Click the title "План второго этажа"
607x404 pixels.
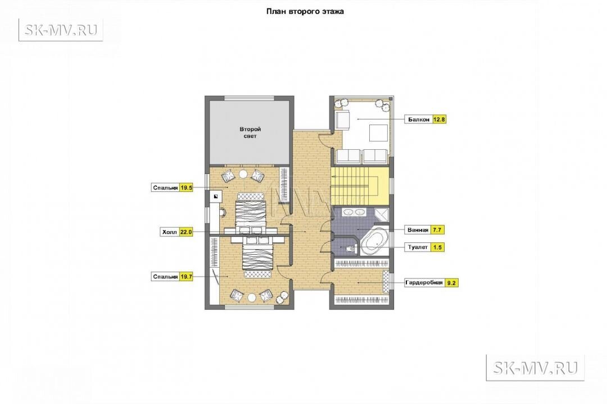click(x=305, y=12)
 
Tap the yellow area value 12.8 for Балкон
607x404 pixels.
click(x=439, y=120)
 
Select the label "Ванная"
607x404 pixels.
click(x=418, y=230)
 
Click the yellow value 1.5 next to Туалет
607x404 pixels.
click(x=437, y=247)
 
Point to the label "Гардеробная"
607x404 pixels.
click(x=424, y=283)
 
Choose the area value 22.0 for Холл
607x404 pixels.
click(x=186, y=232)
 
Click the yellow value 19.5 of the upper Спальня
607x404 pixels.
click(x=186, y=188)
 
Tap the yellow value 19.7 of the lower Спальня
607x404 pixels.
click(x=186, y=277)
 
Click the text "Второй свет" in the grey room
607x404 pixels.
click(x=250, y=132)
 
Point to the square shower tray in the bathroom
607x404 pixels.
click(x=381, y=214)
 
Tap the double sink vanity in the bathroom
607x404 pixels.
click(x=354, y=212)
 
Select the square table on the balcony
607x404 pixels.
click(x=378, y=134)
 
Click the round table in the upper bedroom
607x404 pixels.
click(x=243, y=175)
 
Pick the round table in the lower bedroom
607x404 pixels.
click(x=252, y=298)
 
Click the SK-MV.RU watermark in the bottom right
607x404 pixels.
click(x=535, y=368)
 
